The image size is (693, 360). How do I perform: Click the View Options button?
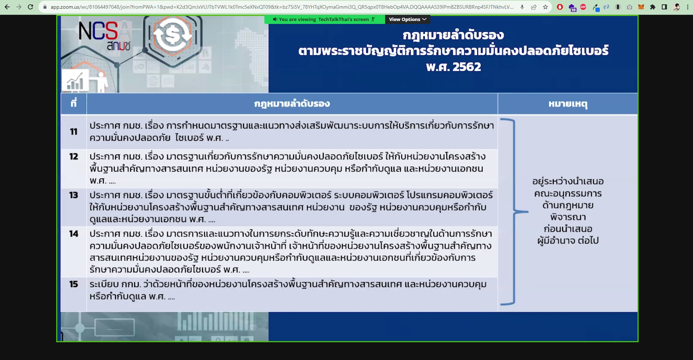tap(408, 20)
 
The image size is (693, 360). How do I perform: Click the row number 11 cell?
tap(74, 132)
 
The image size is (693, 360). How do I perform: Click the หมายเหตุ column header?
tap(568, 104)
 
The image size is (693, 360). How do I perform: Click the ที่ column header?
tap(74, 104)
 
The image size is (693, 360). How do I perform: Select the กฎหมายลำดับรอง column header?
tap(292, 104)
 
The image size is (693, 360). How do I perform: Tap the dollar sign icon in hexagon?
tap(173, 36)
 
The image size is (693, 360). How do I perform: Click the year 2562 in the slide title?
tap(467, 67)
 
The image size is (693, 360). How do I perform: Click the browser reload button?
tap(30, 7)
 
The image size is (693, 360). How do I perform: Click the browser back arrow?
tap(7, 7)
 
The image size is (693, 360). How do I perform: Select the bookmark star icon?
tap(545, 7)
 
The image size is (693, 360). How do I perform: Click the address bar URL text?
tap(282, 7)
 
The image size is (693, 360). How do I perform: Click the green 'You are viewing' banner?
tap(325, 20)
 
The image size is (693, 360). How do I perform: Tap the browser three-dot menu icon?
tap(688, 7)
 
